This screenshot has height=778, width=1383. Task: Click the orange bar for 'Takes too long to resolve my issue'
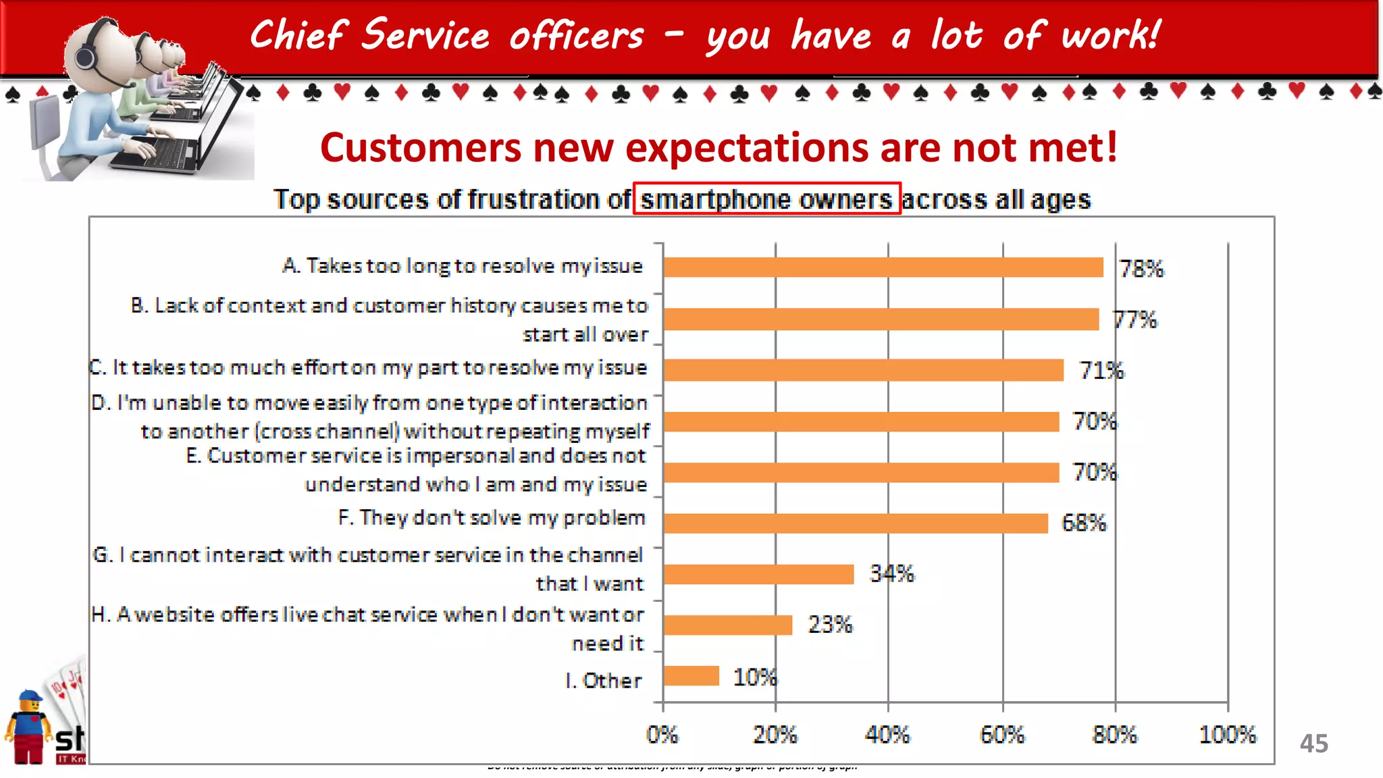coord(883,267)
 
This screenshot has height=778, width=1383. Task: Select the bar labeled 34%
coord(758,574)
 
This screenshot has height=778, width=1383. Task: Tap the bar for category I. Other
coord(691,675)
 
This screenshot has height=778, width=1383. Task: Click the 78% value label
coord(1141,269)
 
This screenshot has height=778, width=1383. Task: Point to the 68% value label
coord(1084,523)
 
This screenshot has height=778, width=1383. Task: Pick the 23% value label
coord(830,625)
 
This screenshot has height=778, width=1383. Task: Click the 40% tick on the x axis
coord(887,734)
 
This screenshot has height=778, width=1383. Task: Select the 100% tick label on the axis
coord(1227,734)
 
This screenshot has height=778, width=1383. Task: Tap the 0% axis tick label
coord(662,734)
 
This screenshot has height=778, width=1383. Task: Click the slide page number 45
coord(1313,744)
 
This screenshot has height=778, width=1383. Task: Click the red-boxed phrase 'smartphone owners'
coord(766,199)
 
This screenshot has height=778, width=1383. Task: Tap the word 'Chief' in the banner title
coord(298,35)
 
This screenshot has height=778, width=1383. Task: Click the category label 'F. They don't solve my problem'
coord(492,518)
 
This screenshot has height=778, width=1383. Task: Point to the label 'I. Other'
coord(603,680)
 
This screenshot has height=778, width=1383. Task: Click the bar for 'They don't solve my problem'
coord(855,523)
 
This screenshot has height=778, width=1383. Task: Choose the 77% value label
coord(1134,319)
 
